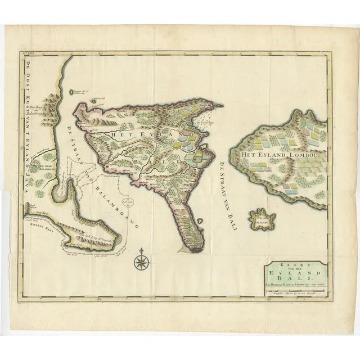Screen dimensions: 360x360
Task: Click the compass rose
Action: (141, 260)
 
